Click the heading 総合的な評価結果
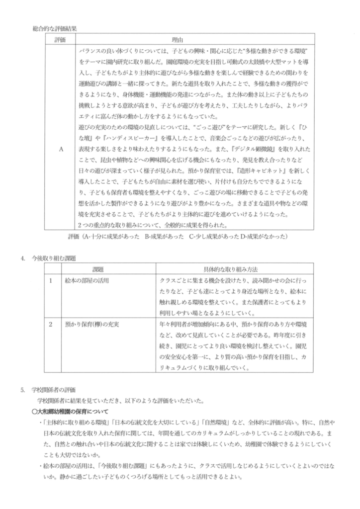click(x=55, y=29)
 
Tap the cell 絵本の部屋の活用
click(x=88, y=280)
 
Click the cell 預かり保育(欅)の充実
click(x=95, y=324)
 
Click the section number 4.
click(x=23, y=258)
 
